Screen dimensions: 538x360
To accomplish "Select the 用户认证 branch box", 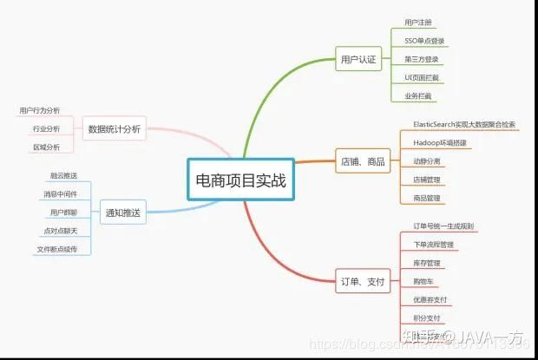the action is [358, 60].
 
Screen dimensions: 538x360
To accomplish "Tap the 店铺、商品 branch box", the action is [364, 160].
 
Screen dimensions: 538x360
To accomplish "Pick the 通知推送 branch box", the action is [122, 211].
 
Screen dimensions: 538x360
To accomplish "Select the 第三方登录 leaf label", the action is [421, 59].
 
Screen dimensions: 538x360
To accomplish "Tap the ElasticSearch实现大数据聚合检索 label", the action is [464, 125].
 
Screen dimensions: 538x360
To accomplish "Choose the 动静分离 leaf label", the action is [426, 161].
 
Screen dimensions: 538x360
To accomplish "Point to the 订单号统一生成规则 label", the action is [443, 226].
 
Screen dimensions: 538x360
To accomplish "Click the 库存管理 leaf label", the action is [427, 263].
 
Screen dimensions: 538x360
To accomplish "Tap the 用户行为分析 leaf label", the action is [40, 111].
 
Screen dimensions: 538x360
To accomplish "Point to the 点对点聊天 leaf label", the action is [60, 231].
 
